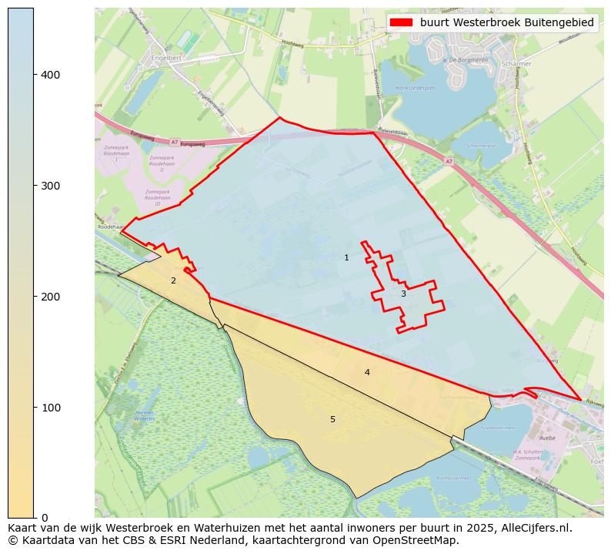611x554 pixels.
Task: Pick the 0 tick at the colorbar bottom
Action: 44,518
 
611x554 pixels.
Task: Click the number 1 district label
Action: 346,257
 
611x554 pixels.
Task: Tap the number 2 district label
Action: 173,280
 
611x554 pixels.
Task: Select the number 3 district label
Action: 402,294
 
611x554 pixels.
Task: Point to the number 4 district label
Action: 367,372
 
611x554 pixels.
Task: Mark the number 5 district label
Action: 332,419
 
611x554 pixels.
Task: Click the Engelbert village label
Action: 165,57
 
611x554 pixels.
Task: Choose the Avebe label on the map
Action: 547,438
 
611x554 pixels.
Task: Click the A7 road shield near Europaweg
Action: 174,142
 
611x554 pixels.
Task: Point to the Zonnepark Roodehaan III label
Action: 157,197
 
